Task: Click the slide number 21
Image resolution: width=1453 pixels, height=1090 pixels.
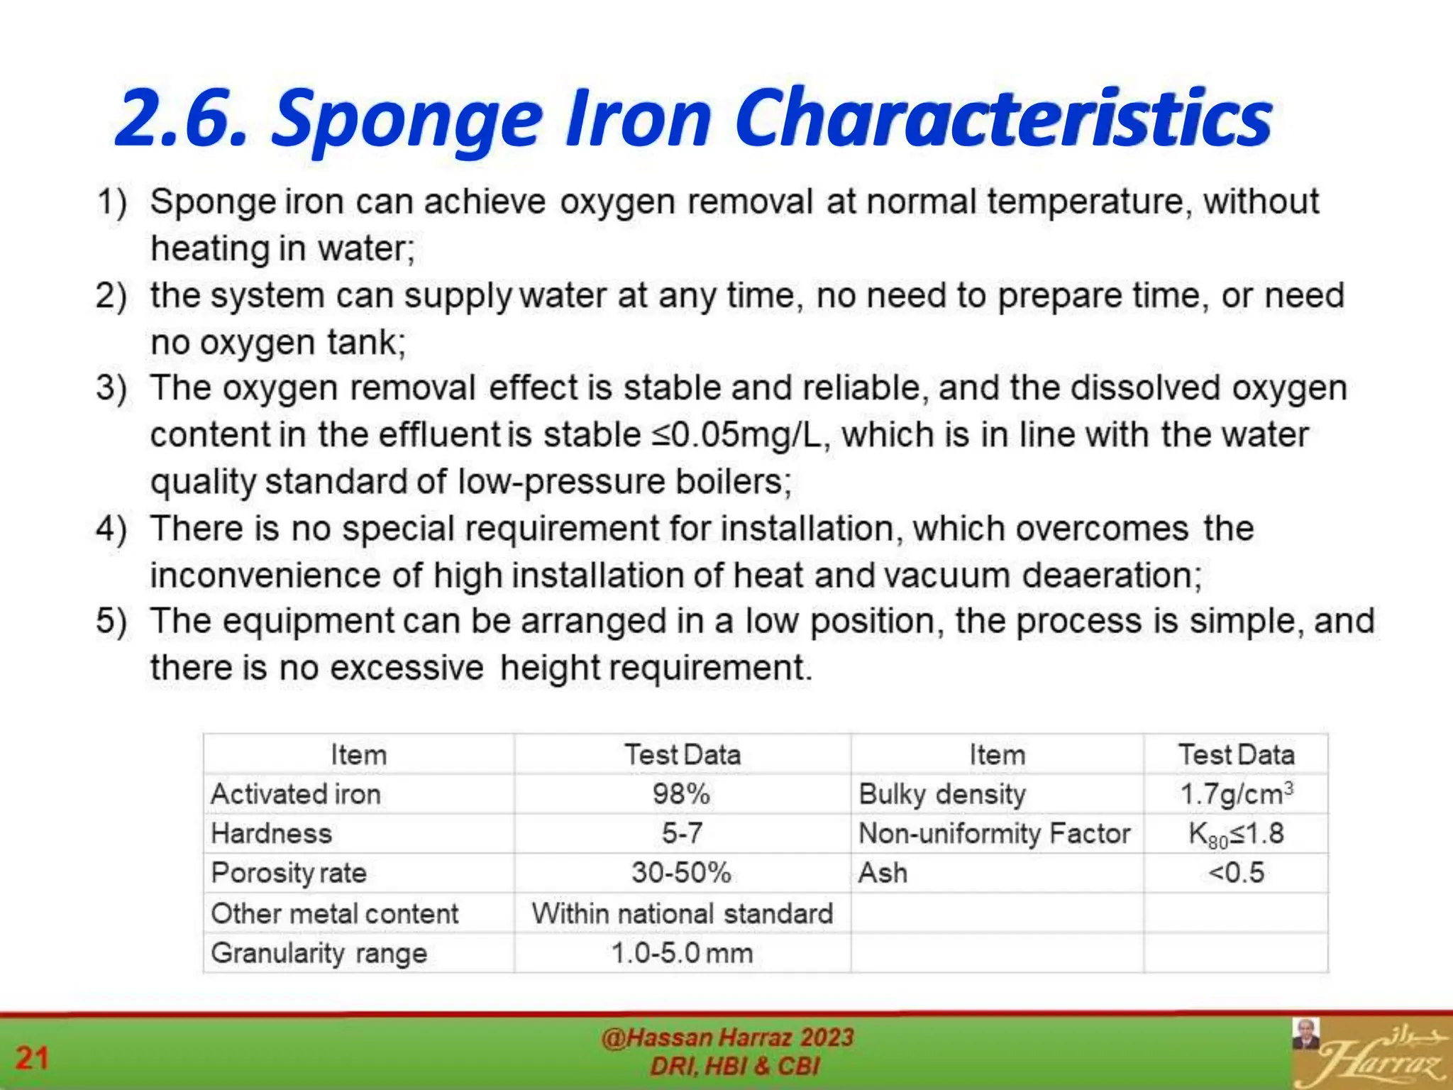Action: (32, 1058)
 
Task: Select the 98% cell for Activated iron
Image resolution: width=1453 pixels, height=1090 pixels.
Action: (681, 794)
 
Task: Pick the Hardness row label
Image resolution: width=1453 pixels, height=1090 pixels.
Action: (271, 833)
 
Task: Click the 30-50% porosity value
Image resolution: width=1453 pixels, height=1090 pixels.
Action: (681, 873)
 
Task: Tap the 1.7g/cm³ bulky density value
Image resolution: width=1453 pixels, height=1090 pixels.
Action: (1236, 794)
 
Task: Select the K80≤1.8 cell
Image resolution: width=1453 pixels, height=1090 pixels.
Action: (1236, 834)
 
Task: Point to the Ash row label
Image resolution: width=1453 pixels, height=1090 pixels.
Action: (883, 873)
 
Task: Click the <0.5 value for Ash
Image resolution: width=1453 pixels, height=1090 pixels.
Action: (1236, 873)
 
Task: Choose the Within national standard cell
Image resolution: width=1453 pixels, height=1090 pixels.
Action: (682, 913)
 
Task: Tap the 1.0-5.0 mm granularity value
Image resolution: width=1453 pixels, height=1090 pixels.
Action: (682, 953)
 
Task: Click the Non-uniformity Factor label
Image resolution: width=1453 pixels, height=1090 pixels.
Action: (994, 834)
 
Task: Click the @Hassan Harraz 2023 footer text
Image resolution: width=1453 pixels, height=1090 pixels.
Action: (727, 1037)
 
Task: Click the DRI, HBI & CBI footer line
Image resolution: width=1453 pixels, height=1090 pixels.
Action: (734, 1066)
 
